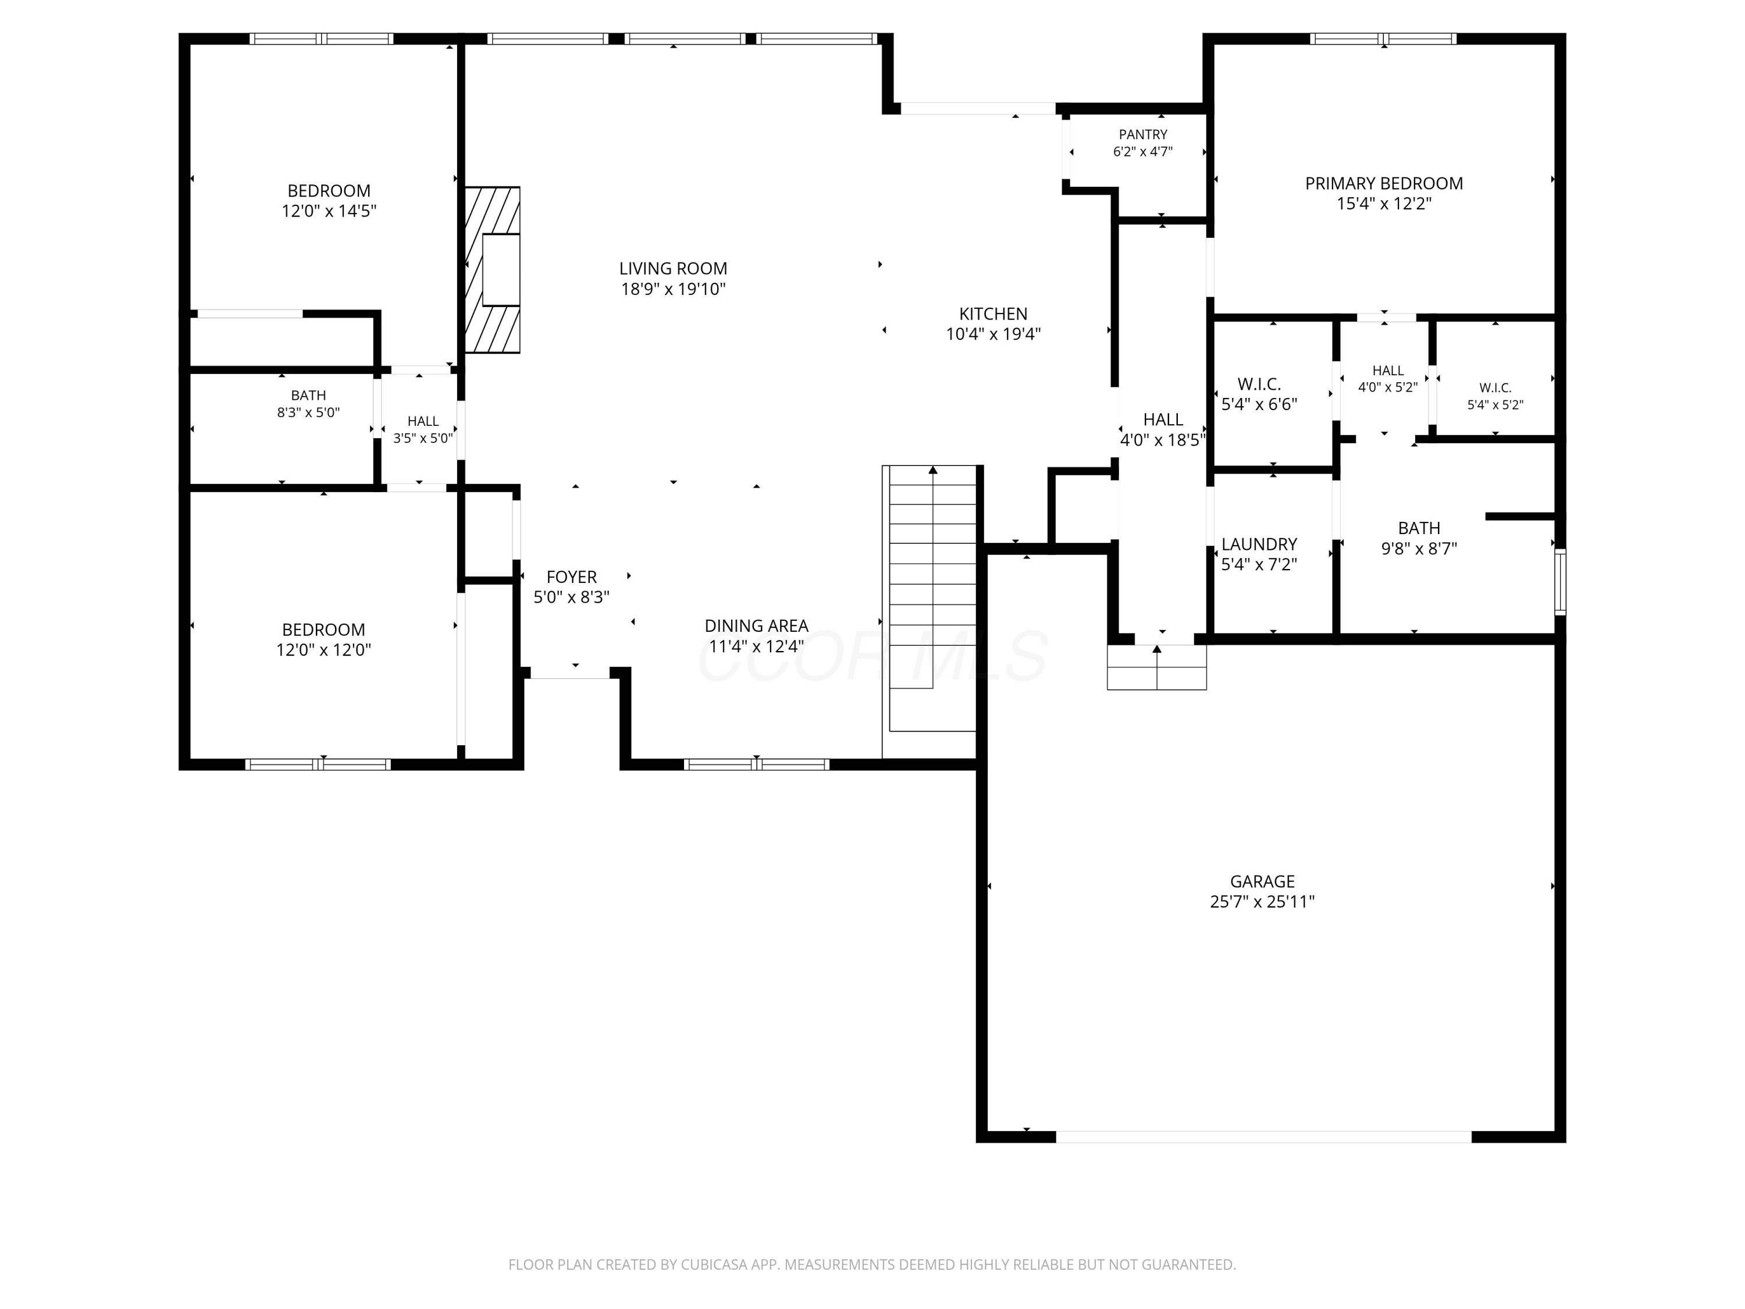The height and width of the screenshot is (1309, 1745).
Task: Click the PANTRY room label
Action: (x=1142, y=135)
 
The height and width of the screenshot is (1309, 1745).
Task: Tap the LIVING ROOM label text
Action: (x=673, y=268)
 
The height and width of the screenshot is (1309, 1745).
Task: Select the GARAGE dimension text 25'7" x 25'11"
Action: (x=1262, y=902)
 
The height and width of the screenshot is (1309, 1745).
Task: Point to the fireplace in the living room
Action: (x=492, y=269)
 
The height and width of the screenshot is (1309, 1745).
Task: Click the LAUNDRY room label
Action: (x=1259, y=545)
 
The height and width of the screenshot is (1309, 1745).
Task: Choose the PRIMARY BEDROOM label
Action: (x=1384, y=183)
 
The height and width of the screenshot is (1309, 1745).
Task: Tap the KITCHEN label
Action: (x=993, y=313)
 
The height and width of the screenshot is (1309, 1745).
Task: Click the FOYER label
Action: (x=571, y=577)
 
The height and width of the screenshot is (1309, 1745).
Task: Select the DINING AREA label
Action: (x=756, y=625)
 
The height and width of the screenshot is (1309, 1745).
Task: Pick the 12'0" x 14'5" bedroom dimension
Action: (x=329, y=211)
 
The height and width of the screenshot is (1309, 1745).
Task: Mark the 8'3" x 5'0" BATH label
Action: (x=308, y=395)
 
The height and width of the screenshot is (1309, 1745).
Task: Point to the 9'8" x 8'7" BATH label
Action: (x=1419, y=528)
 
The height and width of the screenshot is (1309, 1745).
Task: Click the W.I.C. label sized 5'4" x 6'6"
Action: (x=1259, y=384)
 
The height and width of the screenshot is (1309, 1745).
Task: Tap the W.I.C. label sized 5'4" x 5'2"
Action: (x=1495, y=388)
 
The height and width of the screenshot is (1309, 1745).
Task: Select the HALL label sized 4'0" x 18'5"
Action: (x=1163, y=420)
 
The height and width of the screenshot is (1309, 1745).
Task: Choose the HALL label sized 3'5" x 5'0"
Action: (x=423, y=421)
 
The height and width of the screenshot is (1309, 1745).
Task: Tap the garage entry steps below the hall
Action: (x=1156, y=667)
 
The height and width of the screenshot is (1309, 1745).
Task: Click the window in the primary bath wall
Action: (x=1559, y=582)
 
